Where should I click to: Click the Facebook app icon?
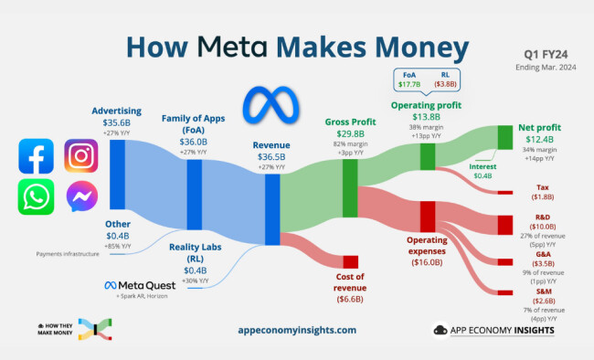tap(36, 156)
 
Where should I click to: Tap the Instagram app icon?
tap(81, 156)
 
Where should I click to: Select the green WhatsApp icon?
tap(36, 196)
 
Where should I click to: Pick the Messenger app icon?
tap(81, 196)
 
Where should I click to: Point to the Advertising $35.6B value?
tap(117, 122)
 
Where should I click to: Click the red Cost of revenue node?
tap(351, 262)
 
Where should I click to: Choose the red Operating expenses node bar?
tap(427, 216)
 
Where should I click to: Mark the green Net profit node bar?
tap(504, 137)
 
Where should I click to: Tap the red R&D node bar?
tap(504, 224)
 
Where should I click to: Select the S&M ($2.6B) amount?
tap(542, 300)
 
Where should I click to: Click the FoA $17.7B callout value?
tap(408, 84)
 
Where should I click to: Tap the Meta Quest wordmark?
tap(135, 285)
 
